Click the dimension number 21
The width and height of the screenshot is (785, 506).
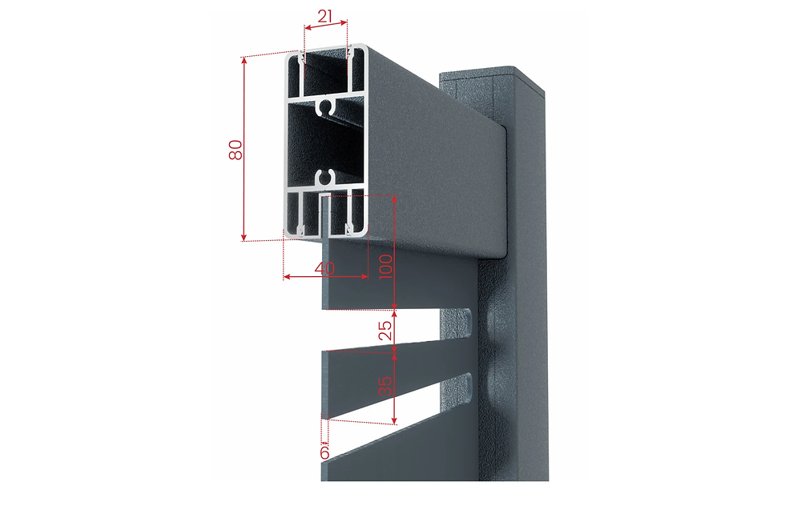click(325, 16)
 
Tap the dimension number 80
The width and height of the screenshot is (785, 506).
click(235, 150)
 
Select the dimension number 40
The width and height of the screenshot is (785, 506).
click(324, 268)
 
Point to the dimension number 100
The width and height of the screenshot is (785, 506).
click(385, 267)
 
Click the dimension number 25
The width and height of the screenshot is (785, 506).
click(385, 331)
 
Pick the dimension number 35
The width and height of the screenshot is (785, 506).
click(385, 386)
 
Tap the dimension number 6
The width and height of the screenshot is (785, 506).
click(324, 452)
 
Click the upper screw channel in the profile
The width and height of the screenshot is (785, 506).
click(325, 106)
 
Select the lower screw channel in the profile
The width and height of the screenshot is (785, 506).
click(325, 177)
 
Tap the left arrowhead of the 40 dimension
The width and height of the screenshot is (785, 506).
click(287, 276)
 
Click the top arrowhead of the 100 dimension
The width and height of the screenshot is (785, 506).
click(394, 199)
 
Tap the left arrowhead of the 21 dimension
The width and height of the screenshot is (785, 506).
click(308, 27)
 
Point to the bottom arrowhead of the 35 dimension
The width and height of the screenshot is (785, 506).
click(395, 420)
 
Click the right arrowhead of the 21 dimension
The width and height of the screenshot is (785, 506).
click(343, 22)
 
